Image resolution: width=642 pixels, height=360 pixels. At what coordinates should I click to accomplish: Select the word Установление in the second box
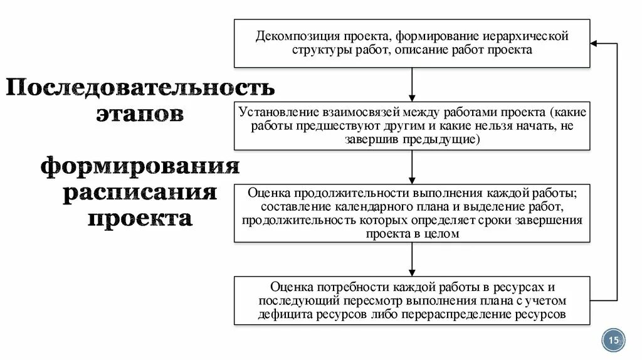(x=271, y=112)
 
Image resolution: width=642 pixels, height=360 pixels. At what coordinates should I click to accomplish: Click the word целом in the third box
(x=445, y=234)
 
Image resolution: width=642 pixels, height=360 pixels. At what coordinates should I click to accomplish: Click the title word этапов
(x=140, y=115)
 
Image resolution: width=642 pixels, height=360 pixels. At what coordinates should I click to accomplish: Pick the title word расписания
(x=140, y=193)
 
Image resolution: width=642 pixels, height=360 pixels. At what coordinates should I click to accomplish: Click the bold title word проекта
(x=140, y=220)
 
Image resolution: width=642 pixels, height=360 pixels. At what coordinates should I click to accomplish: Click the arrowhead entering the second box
(x=412, y=97)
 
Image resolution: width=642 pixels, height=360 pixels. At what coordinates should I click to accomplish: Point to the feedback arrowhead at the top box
(x=594, y=43)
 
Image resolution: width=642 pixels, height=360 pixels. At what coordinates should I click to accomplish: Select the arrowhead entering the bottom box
(x=412, y=272)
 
